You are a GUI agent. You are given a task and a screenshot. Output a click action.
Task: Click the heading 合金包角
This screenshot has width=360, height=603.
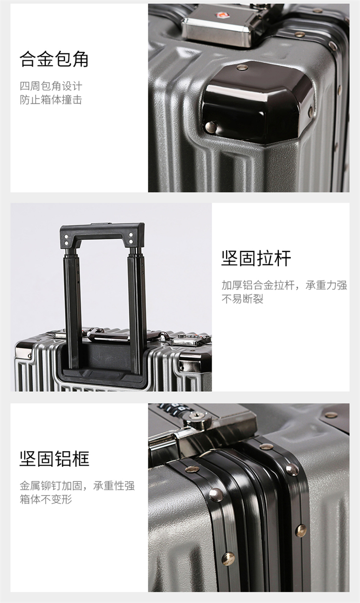[x=54, y=59]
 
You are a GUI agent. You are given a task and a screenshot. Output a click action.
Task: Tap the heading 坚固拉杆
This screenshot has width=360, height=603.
[x=256, y=258]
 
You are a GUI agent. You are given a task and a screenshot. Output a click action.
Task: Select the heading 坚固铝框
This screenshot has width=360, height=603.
[x=54, y=458]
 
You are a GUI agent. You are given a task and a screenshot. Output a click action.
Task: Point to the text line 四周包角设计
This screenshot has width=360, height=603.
[x=51, y=86]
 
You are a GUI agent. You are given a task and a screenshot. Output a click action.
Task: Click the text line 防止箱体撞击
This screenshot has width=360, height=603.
[x=51, y=100]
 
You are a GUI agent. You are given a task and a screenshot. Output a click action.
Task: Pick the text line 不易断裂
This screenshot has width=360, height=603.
[x=242, y=299]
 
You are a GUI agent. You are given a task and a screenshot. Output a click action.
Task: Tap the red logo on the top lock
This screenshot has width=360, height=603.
[x=220, y=15]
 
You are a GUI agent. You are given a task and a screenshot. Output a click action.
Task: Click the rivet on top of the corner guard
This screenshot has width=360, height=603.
[x=242, y=67]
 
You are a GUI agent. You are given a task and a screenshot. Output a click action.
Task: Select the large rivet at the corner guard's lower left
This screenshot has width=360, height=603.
[x=211, y=127]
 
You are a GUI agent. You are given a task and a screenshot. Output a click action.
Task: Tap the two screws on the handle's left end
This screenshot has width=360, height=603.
[x=66, y=240]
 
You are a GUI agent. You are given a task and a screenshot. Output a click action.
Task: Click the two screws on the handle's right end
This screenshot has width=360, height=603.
[x=131, y=238]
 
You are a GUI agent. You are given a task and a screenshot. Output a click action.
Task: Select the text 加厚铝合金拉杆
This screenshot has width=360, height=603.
[x=258, y=285]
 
